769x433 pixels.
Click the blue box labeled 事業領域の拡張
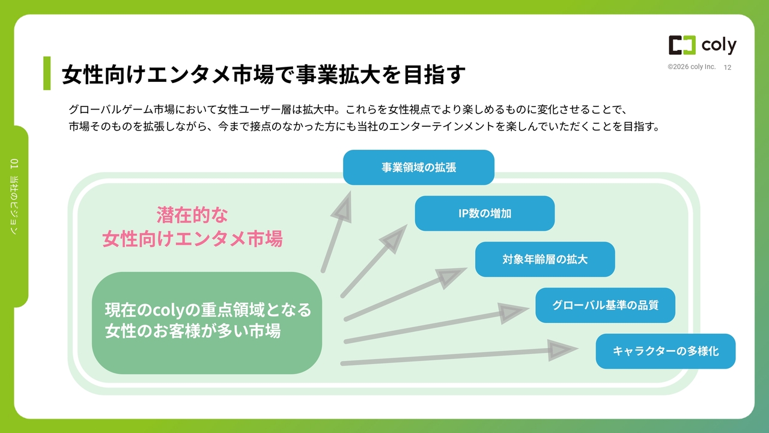pos(419,167)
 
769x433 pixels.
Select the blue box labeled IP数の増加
pos(485,213)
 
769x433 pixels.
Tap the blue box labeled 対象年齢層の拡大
pos(545,259)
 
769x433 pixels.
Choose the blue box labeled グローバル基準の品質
pos(605,305)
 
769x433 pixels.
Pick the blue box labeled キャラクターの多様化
pos(665,351)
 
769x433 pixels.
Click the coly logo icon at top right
pos(682,45)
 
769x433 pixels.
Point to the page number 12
pos(728,67)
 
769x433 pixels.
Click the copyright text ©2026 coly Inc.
pos(691,67)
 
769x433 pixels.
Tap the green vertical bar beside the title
pos(47,73)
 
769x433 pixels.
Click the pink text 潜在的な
pos(192,215)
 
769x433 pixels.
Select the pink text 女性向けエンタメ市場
pos(193,238)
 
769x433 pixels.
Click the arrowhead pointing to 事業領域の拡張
pos(343,207)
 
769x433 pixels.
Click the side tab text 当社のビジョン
pos(14,205)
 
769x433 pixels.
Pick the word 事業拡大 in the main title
pos(338,74)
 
